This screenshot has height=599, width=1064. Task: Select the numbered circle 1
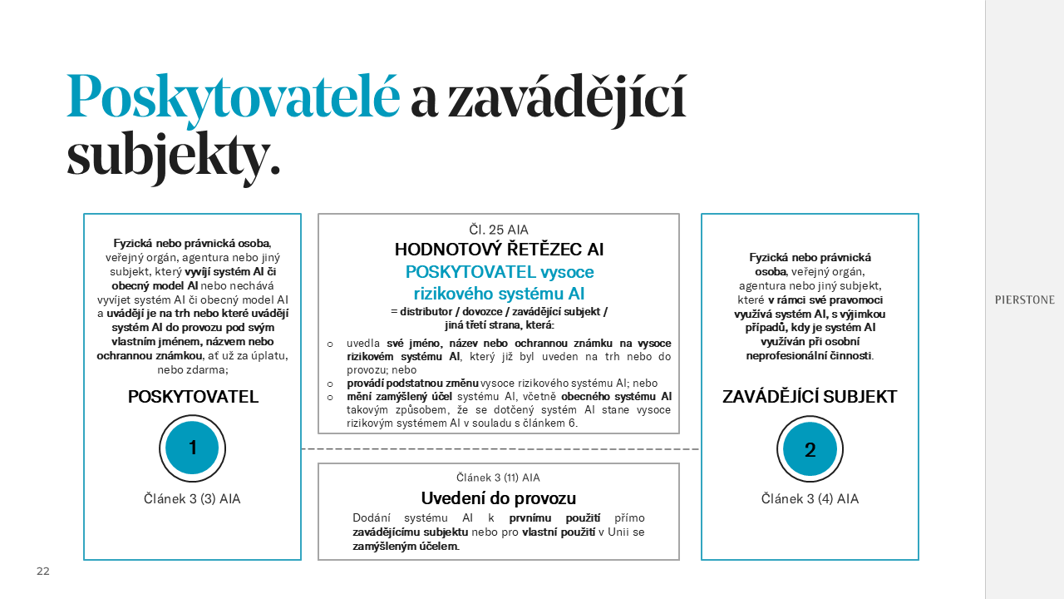(192, 448)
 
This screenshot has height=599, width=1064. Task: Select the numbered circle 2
(810, 449)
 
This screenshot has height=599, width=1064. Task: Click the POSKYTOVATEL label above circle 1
(193, 397)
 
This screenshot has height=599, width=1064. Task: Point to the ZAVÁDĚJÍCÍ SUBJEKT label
(810, 397)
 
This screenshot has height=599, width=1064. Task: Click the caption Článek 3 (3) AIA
(192, 499)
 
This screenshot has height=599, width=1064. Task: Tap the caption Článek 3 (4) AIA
(810, 499)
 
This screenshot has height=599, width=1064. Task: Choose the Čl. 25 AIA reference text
(498, 230)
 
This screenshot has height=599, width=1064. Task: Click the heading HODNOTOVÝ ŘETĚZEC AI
(499, 250)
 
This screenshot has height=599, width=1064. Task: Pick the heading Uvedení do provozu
(498, 498)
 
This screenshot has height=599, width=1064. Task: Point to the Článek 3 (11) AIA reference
(498, 478)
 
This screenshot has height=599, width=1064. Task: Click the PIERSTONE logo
(1024, 300)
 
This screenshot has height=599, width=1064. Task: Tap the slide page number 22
(42, 572)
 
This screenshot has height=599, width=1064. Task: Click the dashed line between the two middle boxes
(499, 449)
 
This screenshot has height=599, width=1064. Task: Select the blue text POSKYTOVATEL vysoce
(499, 272)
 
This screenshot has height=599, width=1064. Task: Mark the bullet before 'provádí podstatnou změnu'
(329, 384)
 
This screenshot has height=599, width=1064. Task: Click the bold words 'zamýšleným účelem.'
(406, 547)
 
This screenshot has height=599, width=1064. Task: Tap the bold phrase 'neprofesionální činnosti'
(809, 356)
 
